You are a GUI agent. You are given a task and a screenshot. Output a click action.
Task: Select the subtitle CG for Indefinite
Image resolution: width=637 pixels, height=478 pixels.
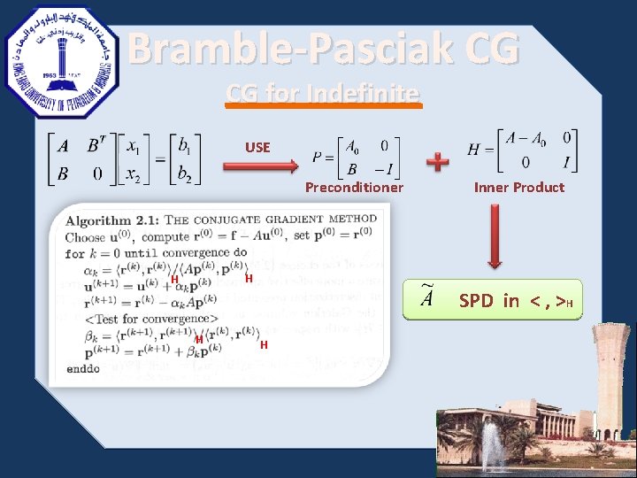[x=323, y=92]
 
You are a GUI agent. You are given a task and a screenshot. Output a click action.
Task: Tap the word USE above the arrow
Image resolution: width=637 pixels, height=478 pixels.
[x=258, y=147]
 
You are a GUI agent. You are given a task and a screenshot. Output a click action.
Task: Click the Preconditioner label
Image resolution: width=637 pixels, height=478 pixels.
[x=354, y=188]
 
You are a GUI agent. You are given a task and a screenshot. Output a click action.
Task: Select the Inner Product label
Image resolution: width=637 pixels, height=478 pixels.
[x=518, y=188]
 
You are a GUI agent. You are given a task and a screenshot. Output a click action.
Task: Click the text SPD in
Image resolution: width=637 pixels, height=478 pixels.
[x=488, y=301]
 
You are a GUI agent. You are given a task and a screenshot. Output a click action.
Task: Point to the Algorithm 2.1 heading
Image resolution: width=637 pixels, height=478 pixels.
[x=221, y=219]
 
